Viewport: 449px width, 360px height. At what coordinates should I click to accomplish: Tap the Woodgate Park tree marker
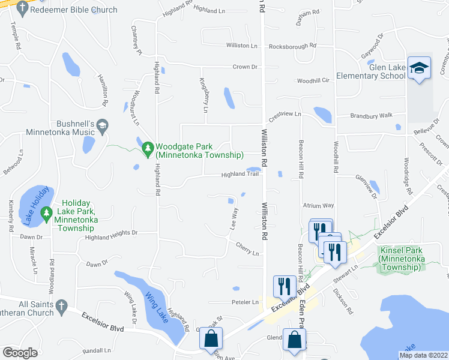click(148, 147)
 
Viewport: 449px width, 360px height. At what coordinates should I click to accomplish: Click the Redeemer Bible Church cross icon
click(22, 8)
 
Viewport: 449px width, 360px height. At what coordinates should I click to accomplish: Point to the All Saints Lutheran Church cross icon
click(61, 308)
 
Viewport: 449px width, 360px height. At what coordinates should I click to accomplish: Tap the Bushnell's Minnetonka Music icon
click(102, 125)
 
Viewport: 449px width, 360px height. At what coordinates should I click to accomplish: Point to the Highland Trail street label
click(240, 175)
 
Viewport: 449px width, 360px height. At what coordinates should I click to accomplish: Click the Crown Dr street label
click(246, 67)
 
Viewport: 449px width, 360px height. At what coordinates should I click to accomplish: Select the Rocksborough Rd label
click(292, 46)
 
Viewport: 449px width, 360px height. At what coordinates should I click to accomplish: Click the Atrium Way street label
click(318, 205)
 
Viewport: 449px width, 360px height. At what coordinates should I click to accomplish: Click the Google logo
click(20, 352)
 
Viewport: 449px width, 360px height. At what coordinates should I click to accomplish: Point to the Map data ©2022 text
click(423, 355)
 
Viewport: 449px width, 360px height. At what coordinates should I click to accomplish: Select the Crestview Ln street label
click(284, 113)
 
